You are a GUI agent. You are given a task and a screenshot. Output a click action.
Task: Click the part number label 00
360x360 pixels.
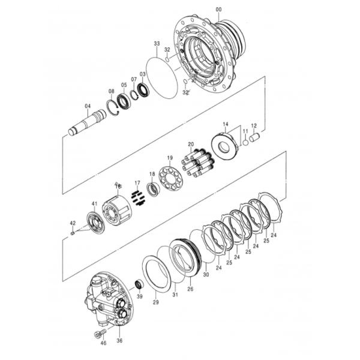coord(218,9)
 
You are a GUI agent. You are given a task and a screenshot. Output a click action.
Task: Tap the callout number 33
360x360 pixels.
coord(157,44)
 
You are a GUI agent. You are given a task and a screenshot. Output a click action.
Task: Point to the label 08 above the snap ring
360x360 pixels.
coord(111,91)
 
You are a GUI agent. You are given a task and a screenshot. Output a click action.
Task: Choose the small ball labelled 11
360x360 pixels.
coord(245,143)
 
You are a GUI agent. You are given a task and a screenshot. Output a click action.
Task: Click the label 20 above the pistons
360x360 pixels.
coord(191,145)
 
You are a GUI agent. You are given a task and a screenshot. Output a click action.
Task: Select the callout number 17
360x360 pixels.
coord(137,182)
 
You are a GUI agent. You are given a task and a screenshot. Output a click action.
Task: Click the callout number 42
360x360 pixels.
coord(73,223)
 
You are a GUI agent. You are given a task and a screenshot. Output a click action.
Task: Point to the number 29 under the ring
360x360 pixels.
coord(155,302)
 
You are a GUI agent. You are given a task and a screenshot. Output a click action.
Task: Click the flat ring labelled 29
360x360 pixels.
coord(156,272)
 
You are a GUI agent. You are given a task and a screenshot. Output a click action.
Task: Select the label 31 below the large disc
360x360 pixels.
coord(175,294)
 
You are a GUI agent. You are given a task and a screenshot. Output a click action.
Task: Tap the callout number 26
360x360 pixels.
coord(191,288)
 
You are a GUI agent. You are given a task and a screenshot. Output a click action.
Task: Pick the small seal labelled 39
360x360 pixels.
coord(139,283)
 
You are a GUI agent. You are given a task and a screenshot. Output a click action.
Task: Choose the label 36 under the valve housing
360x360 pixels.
coord(119,340)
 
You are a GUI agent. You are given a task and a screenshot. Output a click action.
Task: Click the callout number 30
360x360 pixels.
coord(206,274)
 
